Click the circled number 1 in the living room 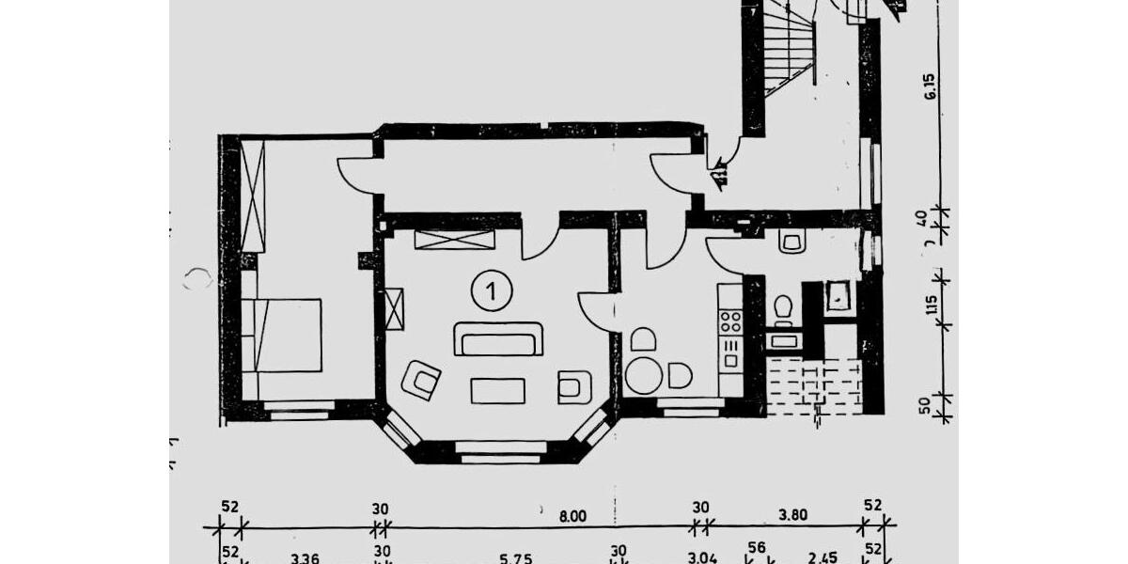tap(492, 290)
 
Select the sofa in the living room tap(498, 339)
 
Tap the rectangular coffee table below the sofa tap(498, 389)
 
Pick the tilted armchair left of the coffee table tap(422, 380)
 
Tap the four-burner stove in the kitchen tap(729, 321)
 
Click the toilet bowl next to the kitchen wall tap(781, 306)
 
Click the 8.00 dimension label tap(572, 515)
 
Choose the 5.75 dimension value tap(516, 558)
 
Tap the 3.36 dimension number tap(305, 558)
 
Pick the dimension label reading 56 tap(756, 547)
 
